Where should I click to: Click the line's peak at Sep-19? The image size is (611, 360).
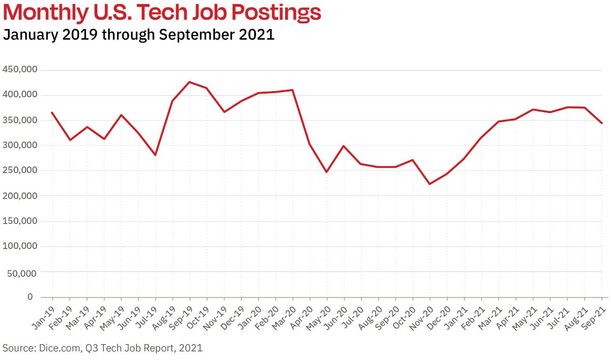[x=189, y=82]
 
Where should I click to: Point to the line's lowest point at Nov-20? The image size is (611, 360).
[x=430, y=184]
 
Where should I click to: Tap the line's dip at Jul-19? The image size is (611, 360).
[x=155, y=155]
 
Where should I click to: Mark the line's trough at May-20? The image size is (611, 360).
[x=326, y=172]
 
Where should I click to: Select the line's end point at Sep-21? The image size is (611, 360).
[x=602, y=123]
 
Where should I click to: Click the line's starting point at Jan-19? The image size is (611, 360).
[x=52, y=113]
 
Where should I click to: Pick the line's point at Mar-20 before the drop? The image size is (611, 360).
[x=293, y=90]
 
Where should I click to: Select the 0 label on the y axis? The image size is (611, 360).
[x=30, y=297]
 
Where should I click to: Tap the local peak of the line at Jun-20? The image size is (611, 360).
[x=344, y=146]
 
